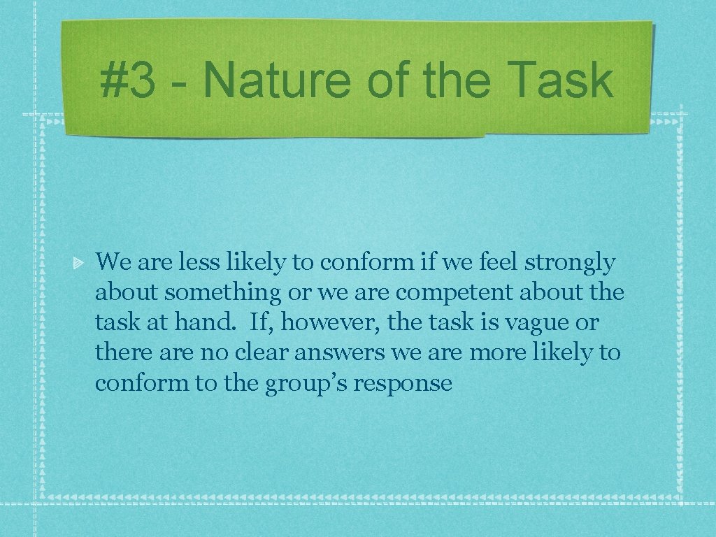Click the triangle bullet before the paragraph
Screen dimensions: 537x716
80,264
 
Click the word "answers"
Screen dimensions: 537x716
339,353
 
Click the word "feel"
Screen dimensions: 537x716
495,263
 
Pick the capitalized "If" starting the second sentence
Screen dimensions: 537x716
258,323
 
